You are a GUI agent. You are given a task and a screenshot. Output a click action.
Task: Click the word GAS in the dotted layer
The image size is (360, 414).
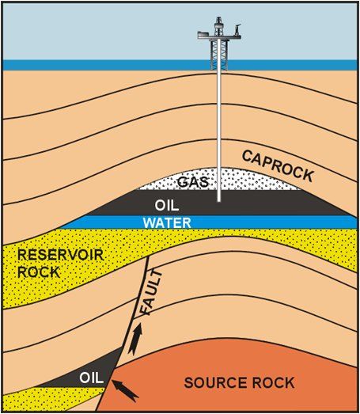pyautogui.click(x=192, y=182)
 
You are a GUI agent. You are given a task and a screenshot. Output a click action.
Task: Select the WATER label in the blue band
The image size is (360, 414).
pyautogui.click(x=167, y=222)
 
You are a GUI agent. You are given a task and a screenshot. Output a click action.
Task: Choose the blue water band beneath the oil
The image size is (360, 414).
pyautogui.click(x=253, y=222)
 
